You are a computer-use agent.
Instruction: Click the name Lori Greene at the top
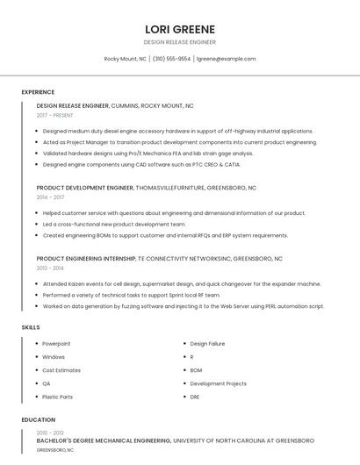tap(180, 28)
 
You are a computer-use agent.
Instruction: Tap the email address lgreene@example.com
tap(226, 59)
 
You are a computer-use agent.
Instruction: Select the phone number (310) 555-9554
tap(171, 59)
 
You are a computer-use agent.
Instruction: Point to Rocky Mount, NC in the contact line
tap(126, 59)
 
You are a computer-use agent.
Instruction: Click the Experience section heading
tap(38, 91)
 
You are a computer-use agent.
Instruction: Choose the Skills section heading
tap(31, 327)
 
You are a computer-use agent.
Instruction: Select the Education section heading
tap(39, 419)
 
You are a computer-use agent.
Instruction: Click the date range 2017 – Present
tap(55, 115)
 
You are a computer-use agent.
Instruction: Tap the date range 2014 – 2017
tap(50, 197)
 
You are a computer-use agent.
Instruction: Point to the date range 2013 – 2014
tap(50, 268)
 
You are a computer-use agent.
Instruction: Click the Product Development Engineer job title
tap(84, 188)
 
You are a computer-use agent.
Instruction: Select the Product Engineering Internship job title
tap(86, 260)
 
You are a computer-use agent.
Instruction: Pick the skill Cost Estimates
tap(61, 370)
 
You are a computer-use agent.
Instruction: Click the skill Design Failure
tap(207, 344)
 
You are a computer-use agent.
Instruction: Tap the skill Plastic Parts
tap(58, 397)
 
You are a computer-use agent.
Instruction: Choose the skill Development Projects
tap(218, 383)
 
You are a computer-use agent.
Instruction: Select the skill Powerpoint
tap(56, 344)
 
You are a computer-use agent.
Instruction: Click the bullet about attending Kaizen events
tap(182, 284)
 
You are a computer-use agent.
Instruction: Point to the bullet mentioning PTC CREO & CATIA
tap(141, 164)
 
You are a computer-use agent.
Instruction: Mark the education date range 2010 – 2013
tap(50, 433)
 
